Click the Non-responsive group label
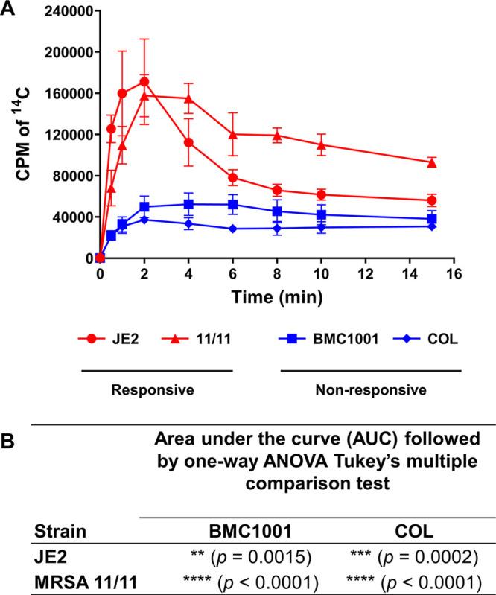point(381,389)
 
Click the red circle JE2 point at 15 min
point(432,200)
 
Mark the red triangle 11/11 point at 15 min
point(432,162)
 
